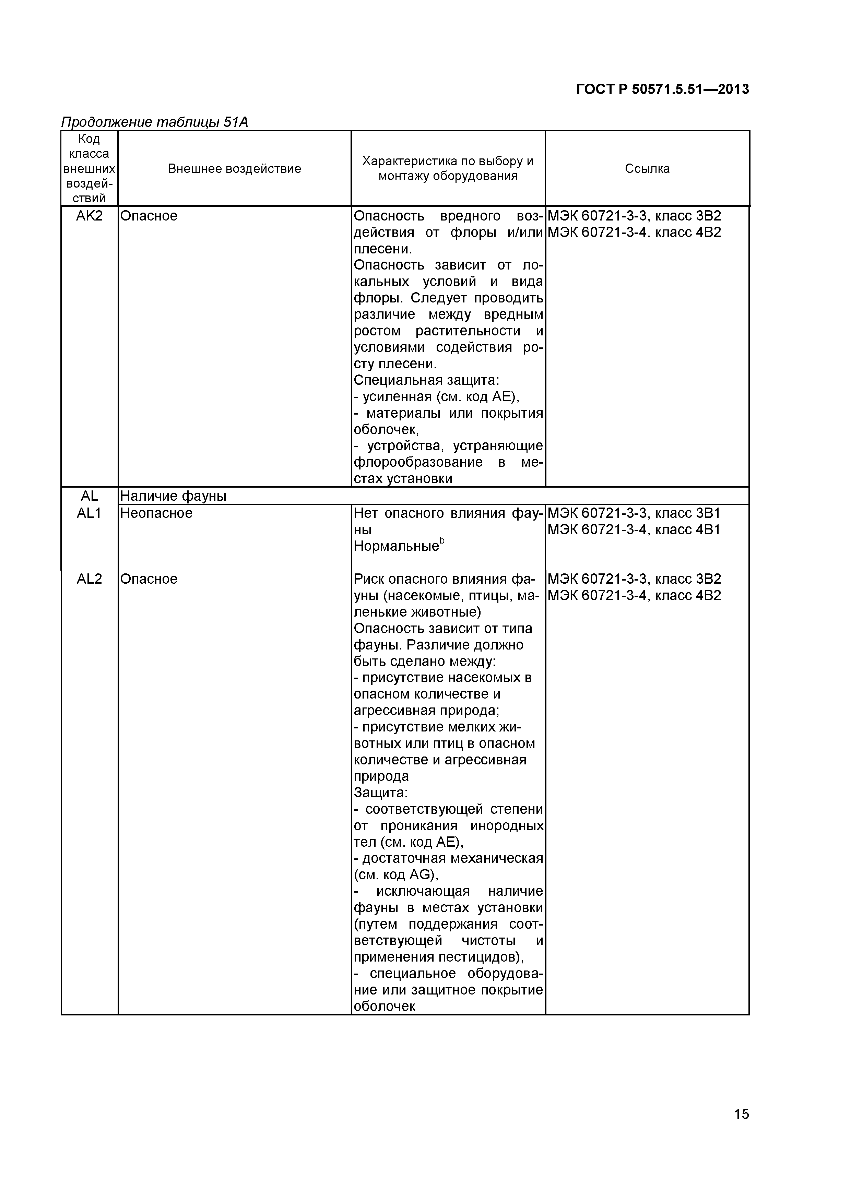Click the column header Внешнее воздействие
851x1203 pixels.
234,169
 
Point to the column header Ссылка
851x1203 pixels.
647,169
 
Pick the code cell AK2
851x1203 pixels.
89,216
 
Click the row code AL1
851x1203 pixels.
89,513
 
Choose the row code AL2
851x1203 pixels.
89,579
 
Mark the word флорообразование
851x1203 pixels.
418,462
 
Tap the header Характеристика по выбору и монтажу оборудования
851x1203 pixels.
448,169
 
